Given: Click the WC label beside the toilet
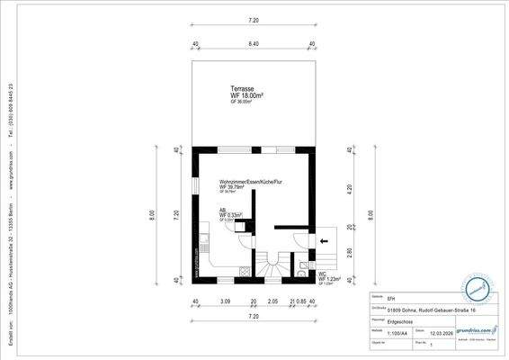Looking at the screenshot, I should [323, 272].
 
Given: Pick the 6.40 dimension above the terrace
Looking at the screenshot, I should [254, 42].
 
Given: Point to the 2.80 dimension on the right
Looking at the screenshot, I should [350, 254].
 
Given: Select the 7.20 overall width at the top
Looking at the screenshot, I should [254, 19].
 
